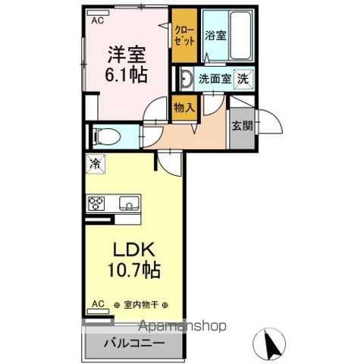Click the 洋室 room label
click(x=127, y=56)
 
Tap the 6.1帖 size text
click(x=127, y=76)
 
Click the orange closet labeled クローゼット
click(x=184, y=36)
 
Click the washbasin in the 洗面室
click(x=187, y=77)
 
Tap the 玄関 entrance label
click(x=242, y=126)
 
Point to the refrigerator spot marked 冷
click(x=96, y=163)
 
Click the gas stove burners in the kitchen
click(x=97, y=203)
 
